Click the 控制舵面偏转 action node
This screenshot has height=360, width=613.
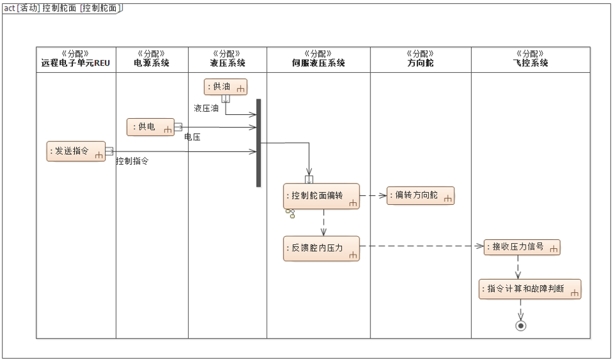click(x=321, y=196)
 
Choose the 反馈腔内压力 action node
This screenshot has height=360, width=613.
click(x=321, y=248)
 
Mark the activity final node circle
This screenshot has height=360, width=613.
click(x=521, y=325)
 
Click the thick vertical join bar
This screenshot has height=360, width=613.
click(x=258, y=143)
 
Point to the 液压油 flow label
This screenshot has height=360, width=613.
click(x=206, y=108)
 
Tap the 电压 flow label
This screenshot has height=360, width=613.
click(x=192, y=136)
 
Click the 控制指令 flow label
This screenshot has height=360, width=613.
click(x=132, y=161)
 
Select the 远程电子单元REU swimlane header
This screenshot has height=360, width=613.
click(x=75, y=59)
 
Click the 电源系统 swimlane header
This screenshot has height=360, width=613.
click(x=152, y=59)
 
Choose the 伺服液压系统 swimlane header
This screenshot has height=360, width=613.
click(x=318, y=59)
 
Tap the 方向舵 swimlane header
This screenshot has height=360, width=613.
click(x=421, y=59)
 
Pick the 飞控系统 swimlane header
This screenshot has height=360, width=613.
click(x=531, y=59)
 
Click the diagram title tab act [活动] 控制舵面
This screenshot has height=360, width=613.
click(x=62, y=8)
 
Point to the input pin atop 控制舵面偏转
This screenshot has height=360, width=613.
click(x=309, y=180)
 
